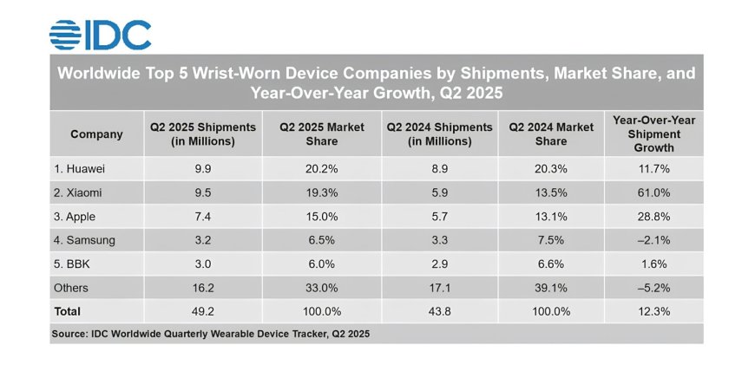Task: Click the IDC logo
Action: [x=101, y=34]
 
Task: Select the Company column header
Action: [x=96, y=134]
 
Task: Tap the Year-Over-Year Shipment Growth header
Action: [x=653, y=134]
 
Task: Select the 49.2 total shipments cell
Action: [x=203, y=310]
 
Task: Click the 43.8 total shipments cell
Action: [x=442, y=310]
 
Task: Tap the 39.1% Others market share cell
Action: [x=551, y=288]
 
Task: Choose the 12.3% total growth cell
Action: [x=653, y=310]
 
